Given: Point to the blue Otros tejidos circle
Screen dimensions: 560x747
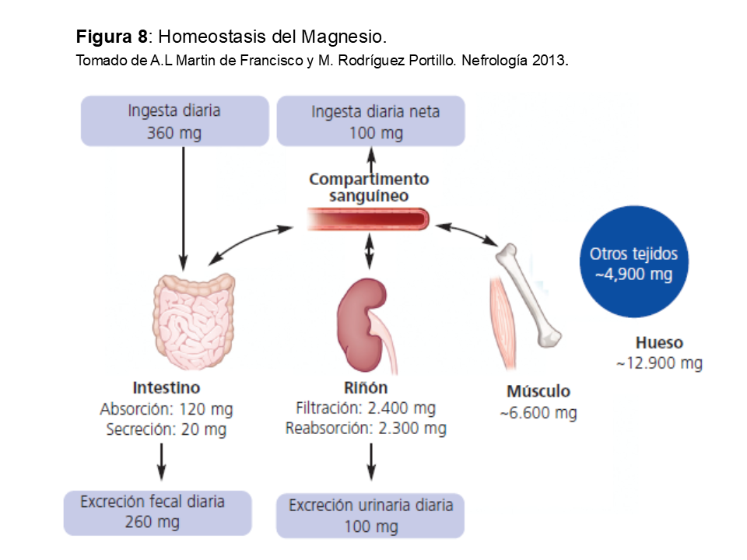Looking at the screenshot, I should coord(633,263).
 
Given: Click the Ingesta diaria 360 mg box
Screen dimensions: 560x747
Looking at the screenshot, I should coord(174,121).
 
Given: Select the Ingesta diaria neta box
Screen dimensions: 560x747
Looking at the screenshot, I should coord(371,121).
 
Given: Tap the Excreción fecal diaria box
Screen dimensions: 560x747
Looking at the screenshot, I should coord(158,513).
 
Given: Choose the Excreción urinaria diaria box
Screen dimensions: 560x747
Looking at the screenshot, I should coord(370,515).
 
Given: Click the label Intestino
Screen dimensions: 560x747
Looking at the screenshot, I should coord(167,387).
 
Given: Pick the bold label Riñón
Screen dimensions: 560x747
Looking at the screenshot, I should coord(366,387).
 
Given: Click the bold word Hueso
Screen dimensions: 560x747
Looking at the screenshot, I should coord(659,342).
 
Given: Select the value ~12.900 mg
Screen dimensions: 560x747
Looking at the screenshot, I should coord(659,363).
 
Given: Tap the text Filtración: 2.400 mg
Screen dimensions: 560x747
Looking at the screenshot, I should coord(366,408).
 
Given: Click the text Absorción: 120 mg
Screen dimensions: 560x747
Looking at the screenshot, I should coord(167,409).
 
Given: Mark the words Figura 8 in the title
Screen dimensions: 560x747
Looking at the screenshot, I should coord(111,37).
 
